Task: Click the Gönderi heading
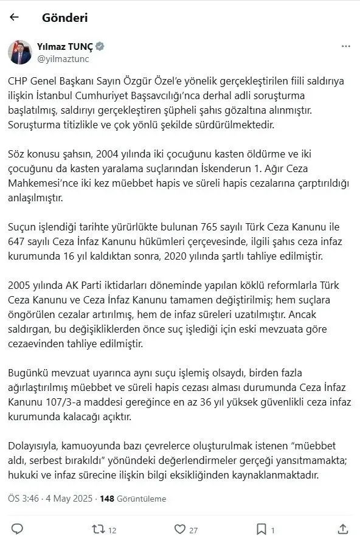point(65,18)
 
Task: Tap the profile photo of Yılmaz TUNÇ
point(19,52)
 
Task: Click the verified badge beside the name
point(100,46)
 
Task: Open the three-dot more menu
point(345,46)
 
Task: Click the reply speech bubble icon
point(17,528)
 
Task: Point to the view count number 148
point(108,499)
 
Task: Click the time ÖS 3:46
point(21,499)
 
